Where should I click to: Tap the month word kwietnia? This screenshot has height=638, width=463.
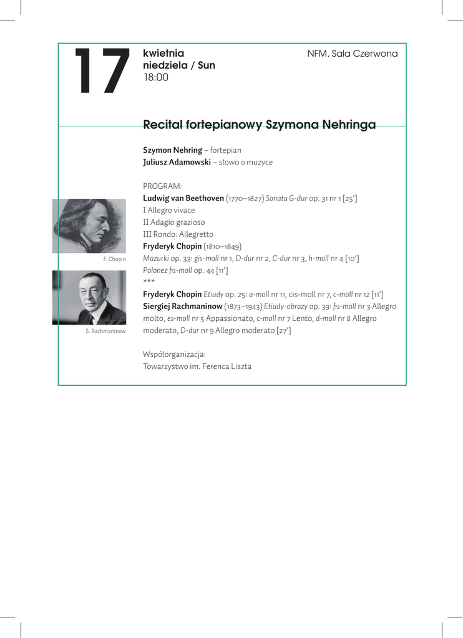point(163,53)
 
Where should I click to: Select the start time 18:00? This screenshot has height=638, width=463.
point(156,78)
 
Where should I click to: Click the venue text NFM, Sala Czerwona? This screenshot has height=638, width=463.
point(352,54)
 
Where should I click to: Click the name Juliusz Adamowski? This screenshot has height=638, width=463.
point(177,162)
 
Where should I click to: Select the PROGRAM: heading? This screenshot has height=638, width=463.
point(162,186)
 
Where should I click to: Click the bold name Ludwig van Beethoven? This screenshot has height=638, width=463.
point(183,198)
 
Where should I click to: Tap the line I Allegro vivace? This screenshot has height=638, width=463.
point(169,210)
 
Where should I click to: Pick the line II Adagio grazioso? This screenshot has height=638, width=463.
point(174,222)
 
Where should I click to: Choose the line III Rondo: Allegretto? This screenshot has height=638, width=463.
point(178,234)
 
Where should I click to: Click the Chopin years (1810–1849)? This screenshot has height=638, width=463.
point(223,246)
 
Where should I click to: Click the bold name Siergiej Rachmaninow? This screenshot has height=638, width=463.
point(183,306)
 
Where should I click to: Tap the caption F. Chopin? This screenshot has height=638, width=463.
point(114,259)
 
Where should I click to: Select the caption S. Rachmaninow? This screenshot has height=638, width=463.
point(105,331)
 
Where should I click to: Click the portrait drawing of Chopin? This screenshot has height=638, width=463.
point(89,226)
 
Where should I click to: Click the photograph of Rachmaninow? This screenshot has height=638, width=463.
point(89,298)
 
